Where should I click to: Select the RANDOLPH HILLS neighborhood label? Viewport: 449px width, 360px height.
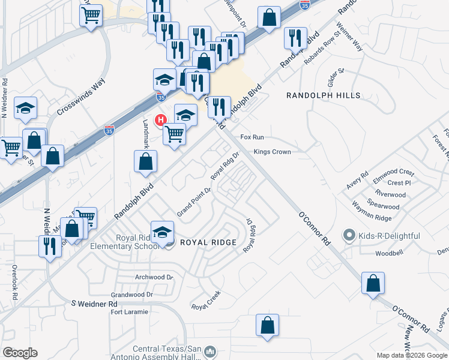(x=324, y=95)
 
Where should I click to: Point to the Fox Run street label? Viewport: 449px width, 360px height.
(x=252, y=137)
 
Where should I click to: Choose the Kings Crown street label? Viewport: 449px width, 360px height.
(x=272, y=152)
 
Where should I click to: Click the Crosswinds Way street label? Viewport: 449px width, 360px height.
(x=81, y=97)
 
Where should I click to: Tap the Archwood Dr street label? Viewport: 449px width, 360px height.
(x=154, y=277)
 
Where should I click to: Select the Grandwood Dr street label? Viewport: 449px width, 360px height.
(x=133, y=295)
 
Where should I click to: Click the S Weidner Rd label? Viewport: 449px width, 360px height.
(x=94, y=304)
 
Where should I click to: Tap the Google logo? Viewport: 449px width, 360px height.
(x=20, y=353)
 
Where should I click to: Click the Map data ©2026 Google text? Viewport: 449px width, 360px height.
(x=412, y=355)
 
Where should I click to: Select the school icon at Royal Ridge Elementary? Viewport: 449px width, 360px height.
(x=163, y=232)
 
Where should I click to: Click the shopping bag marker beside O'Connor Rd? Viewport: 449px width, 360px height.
(x=373, y=282)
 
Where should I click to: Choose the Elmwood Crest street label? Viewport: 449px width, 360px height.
(x=393, y=172)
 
